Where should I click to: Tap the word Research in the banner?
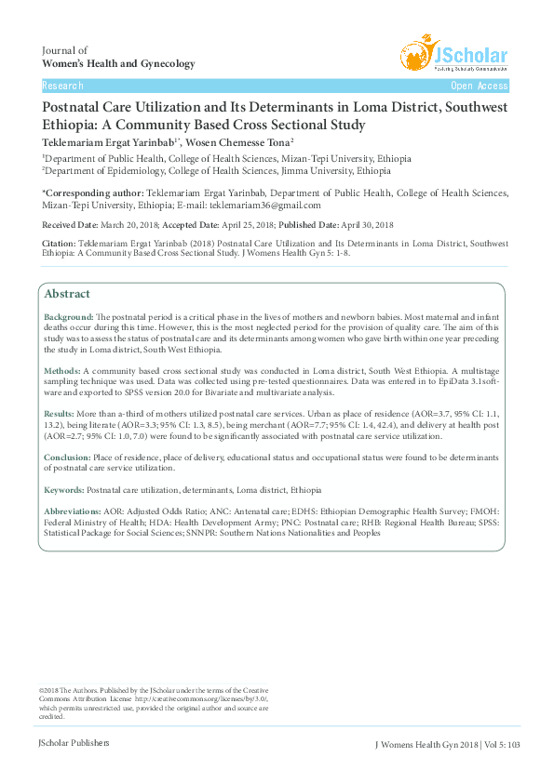pos(62,86)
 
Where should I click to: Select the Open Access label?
pos(480,86)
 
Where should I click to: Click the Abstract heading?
pos(67,293)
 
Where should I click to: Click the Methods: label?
pos(63,370)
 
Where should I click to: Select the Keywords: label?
pos(64,489)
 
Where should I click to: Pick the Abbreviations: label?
pos(74,512)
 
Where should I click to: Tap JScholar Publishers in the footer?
pos(74,742)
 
